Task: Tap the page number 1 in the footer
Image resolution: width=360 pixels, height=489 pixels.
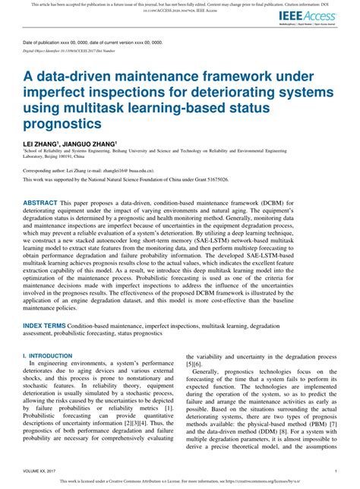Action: pos(335,470)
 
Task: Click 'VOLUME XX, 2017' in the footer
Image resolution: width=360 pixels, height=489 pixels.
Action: pos(42,470)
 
